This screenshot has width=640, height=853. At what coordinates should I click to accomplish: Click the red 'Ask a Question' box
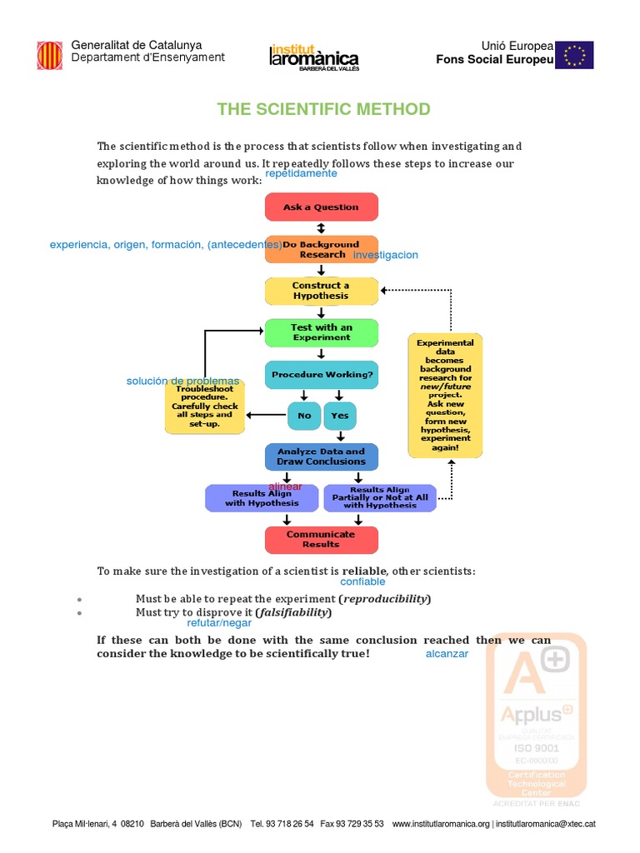tap(321, 207)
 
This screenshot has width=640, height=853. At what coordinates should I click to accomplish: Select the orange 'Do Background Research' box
tap(322, 249)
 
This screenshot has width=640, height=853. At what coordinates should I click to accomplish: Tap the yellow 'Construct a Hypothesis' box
tap(321, 291)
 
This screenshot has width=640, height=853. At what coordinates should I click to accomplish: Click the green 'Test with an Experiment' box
tap(321, 332)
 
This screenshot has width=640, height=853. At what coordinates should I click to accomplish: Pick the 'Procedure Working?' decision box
tap(322, 375)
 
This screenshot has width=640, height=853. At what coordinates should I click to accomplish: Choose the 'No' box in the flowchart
tap(304, 416)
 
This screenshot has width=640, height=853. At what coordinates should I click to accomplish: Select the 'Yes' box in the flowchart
tap(340, 416)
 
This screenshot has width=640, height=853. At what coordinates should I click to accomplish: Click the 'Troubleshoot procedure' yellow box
tap(204, 407)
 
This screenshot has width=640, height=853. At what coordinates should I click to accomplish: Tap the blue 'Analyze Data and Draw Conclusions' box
tap(321, 456)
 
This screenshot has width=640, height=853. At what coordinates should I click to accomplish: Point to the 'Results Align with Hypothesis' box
tap(262, 498)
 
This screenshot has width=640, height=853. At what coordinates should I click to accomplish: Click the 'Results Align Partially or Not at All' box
tap(380, 498)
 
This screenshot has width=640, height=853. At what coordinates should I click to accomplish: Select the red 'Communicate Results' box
tap(321, 539)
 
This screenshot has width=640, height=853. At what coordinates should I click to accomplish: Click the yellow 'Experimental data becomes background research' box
tap(445, 396)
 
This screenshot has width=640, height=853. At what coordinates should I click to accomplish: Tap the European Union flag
tap(574, 55)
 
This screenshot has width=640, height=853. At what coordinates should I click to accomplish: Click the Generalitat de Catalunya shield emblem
tap(49, 56)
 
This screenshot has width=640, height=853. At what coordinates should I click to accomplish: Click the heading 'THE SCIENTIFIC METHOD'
tap(323, 109)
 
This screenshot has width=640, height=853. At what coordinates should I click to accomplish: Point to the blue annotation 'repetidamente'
tap(301, 173)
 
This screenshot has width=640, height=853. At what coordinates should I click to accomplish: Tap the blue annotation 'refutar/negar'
tap(219, 622)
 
